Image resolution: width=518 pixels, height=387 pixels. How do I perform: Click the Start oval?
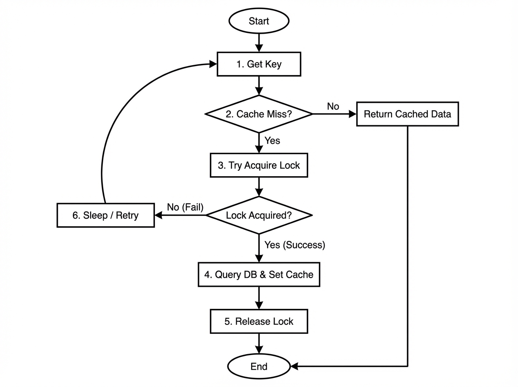(259, 21)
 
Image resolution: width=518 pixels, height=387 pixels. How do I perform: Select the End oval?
(259, 367)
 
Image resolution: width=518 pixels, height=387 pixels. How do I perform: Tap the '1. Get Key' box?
(259, 64)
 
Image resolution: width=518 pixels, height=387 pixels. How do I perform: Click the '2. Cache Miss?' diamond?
(259, 114)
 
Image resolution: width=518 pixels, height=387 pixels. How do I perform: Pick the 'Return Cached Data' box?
(407, 114)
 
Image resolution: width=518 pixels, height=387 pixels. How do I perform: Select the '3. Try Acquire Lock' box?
(259, 165)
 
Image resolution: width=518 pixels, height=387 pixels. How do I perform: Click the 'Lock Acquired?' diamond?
(259, 215)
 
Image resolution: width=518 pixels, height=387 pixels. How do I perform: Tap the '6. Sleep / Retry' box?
(105, 215)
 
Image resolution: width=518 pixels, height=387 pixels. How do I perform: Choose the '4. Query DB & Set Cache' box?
(259, 275)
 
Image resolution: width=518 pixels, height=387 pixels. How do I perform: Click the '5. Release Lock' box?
(259, 321)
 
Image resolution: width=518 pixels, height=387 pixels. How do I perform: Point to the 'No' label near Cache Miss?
(333, 106)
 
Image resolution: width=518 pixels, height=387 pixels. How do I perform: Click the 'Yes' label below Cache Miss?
(272, 141)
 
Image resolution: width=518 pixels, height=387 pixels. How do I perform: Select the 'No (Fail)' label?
(185, 207)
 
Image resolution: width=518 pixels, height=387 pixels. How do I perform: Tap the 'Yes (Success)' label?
(294, 245)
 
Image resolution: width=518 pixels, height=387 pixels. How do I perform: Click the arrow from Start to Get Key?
(259, 42)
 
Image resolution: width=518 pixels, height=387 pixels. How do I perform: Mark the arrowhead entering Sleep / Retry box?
(158, 215)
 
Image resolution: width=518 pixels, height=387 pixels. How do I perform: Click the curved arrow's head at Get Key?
(213, 64)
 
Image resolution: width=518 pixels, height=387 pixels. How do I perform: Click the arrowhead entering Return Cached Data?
(352, 114)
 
